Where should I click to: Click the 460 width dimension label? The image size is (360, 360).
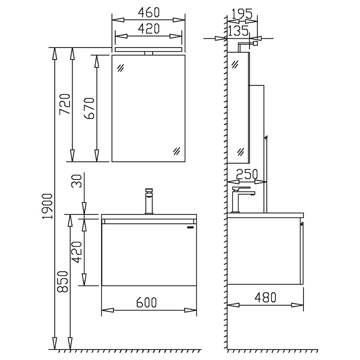[148, 12]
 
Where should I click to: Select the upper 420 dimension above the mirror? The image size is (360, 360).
[148, 29]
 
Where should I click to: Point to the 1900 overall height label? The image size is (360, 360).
[48, 206]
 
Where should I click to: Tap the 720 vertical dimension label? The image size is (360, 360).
[65, 104]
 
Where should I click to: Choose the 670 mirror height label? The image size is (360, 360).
[90, 108]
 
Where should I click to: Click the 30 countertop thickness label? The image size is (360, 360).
[77, 181]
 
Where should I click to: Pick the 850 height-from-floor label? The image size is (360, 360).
[63, 281]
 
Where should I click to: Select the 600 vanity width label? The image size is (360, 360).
[146, 302]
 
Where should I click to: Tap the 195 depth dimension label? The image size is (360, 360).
[242, 14]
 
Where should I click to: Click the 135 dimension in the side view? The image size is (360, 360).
[238, 31]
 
